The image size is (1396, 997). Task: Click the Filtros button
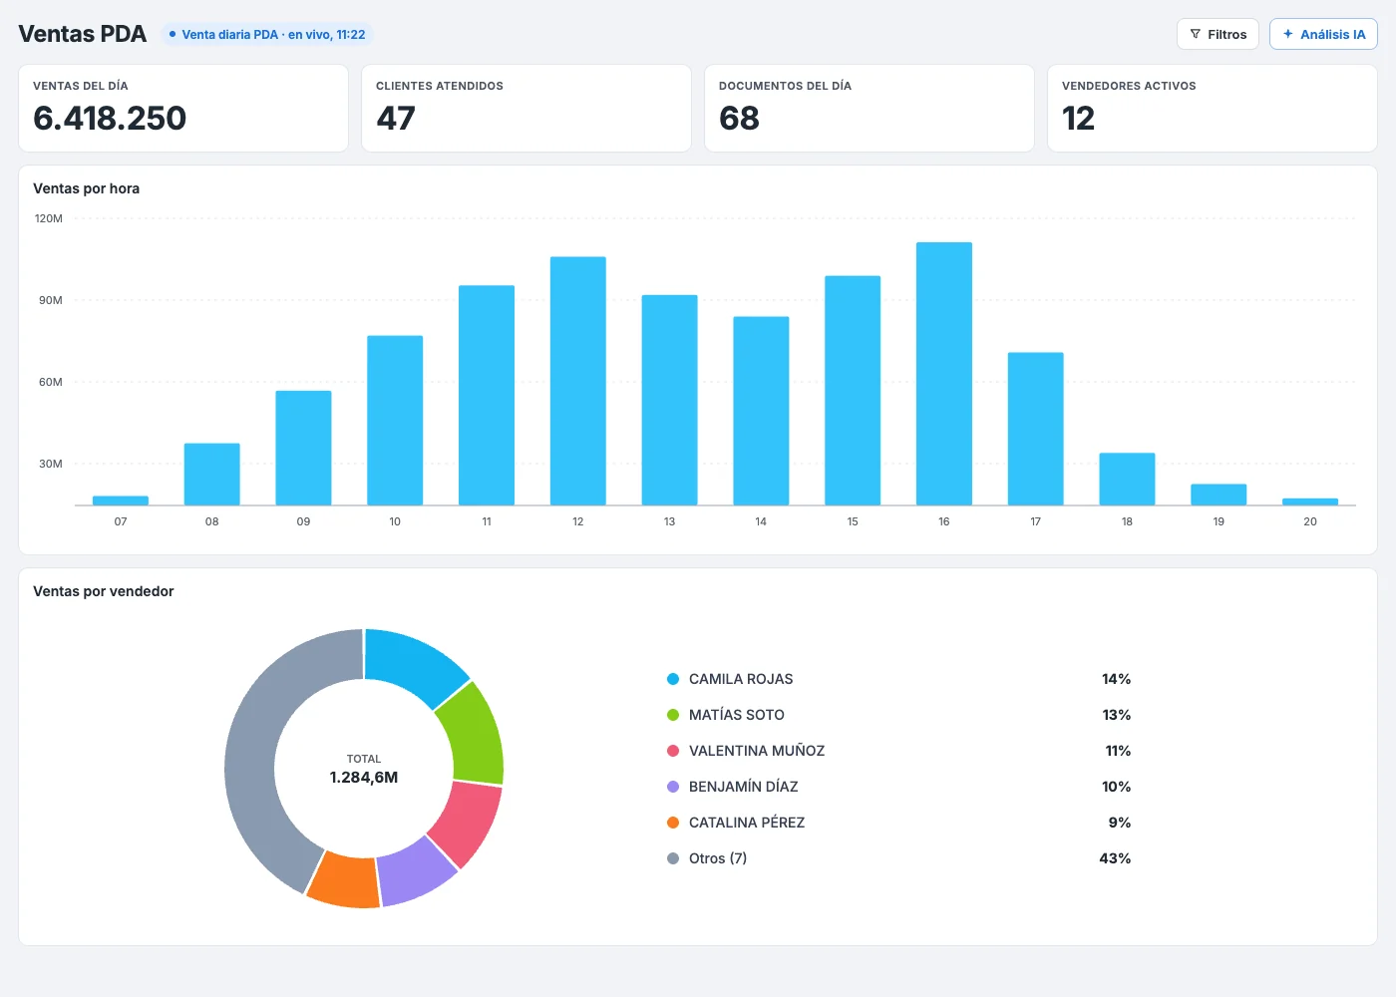[1218, 34]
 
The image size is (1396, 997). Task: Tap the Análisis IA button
[1323, 34]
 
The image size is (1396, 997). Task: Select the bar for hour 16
[943, 374]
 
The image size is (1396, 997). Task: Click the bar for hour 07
[121, 500]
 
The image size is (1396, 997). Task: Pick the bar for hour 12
[577, 381]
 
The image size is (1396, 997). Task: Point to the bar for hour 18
[1127, 480]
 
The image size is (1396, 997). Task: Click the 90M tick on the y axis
[51, 300]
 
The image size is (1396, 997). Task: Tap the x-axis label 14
[760, 521]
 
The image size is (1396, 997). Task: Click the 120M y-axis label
[49, 218]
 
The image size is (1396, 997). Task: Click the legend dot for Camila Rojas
[673, 679]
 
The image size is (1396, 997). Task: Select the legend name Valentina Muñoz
[757, 751]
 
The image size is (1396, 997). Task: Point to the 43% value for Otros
[1115, 858]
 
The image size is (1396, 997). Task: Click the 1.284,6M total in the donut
[364, 778]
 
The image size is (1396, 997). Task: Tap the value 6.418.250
[110, 119]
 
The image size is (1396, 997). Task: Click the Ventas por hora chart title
[86, 188]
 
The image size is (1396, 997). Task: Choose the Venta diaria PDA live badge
[267, 34]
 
